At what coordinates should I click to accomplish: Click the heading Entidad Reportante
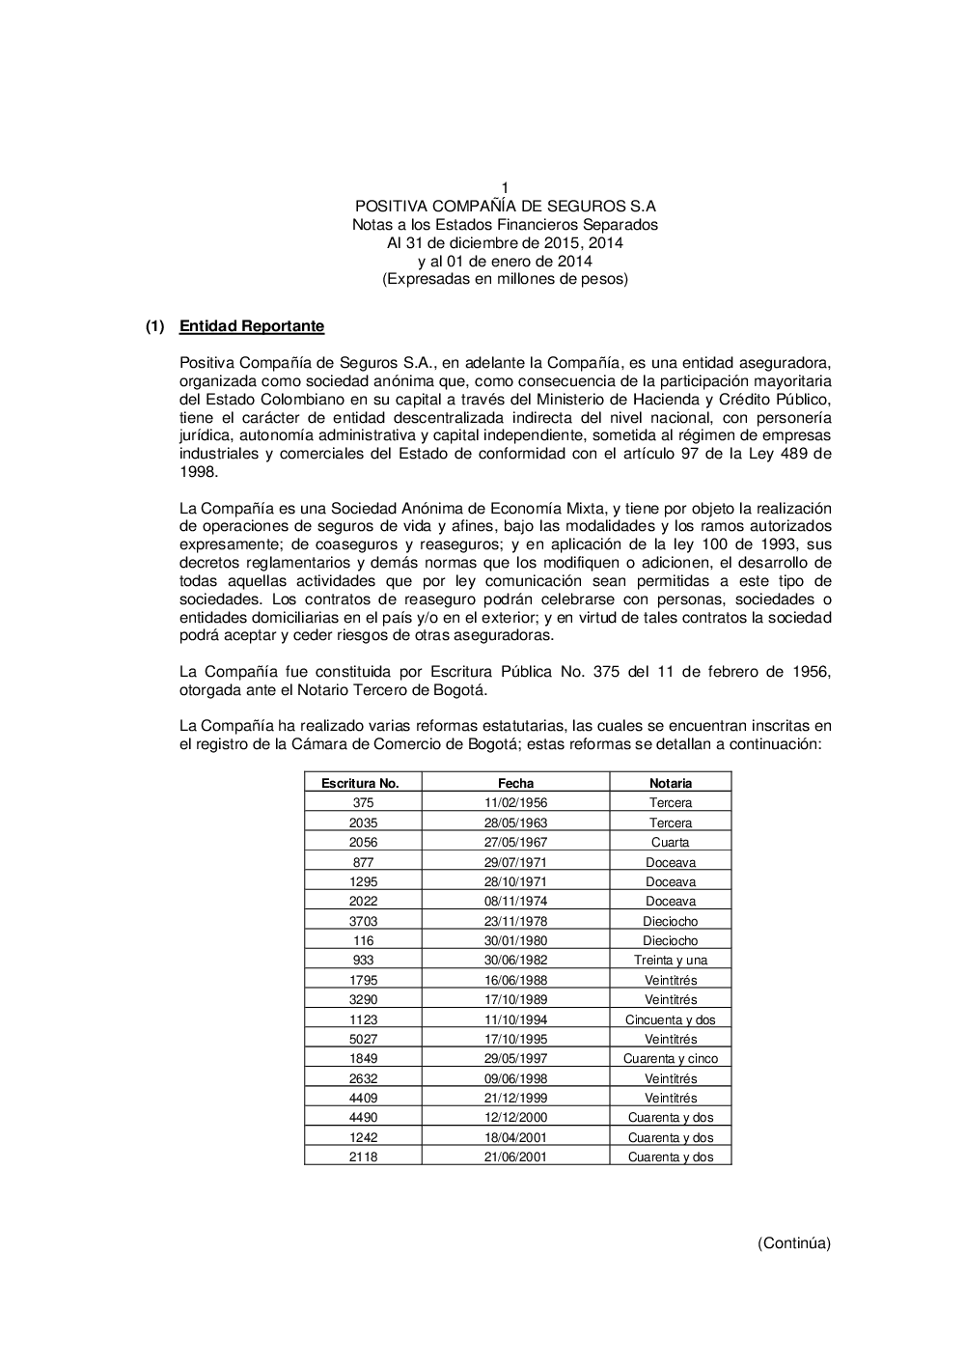(251, 326)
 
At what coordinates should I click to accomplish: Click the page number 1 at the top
(505, 187)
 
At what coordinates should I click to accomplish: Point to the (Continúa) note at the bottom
(793, 1243)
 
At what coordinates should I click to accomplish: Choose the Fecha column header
(515, 784)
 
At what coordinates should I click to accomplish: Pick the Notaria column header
(670, 784)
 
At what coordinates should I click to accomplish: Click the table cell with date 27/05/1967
(515, 843)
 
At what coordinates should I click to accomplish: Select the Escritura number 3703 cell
(363, 921)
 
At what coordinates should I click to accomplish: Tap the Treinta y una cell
(670, 961)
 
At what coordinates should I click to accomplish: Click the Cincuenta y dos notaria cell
(670, 1019)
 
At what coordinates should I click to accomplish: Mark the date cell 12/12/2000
(515, 1118)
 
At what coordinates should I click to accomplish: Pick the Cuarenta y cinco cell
(670, 1059)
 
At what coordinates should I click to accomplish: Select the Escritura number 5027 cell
(363, 1040)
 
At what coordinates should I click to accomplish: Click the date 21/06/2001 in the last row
(515, 1157)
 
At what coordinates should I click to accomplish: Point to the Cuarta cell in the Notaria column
(670, 843)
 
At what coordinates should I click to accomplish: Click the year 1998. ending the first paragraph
(199, 472)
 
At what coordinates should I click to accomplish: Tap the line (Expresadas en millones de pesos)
(505, 279)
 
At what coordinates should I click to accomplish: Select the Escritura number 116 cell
(363, 941)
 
